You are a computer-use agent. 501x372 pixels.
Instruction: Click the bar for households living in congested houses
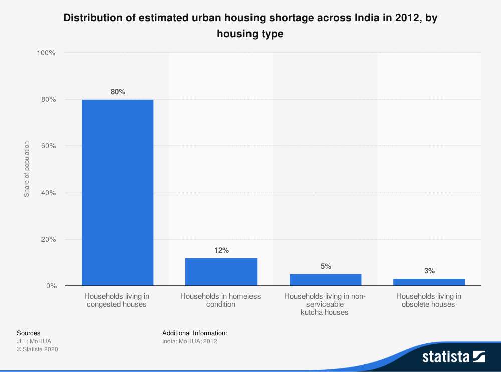117,193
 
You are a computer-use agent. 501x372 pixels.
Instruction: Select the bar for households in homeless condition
221,272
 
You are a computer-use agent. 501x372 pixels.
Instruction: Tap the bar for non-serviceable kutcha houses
325,280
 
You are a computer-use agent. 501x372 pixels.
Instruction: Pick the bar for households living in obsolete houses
429,282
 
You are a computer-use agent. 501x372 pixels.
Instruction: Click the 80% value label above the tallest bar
118,92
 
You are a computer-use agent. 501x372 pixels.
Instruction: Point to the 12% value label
221,250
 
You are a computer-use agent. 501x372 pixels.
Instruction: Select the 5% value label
326,266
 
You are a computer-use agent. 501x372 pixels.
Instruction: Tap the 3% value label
429,271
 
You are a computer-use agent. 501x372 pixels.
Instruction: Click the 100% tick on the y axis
46,53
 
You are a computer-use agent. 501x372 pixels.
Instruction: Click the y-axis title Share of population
27,169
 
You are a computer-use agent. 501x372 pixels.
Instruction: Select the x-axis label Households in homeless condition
221,300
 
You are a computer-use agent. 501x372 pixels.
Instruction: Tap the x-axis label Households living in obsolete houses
429,300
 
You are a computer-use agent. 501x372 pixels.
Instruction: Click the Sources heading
29,333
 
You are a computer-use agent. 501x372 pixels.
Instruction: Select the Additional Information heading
195,333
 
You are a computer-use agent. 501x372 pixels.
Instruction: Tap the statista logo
454,356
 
